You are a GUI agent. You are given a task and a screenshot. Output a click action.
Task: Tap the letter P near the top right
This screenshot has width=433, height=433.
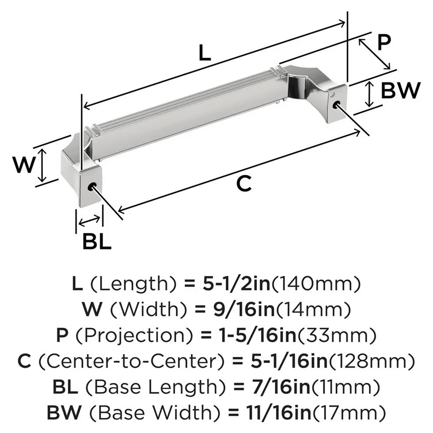384,44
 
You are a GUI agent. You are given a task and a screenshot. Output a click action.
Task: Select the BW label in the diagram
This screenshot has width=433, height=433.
401,91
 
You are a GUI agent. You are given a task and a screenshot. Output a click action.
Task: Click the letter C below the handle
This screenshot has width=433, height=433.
244,184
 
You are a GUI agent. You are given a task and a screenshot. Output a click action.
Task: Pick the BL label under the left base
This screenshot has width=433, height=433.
97,242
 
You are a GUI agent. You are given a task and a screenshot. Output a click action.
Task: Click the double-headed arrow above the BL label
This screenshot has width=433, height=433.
90,221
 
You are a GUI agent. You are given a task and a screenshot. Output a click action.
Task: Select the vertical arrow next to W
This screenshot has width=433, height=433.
42,165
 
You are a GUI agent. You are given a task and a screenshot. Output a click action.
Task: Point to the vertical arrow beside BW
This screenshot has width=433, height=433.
368,94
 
